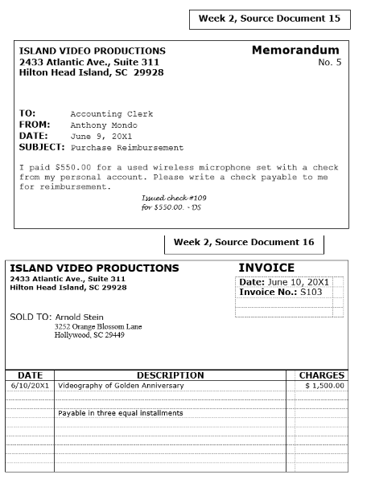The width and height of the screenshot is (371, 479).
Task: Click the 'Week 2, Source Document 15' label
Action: coord(269,18)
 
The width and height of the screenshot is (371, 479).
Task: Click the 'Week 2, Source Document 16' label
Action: coord(244,242)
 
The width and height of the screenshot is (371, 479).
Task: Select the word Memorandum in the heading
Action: coord(295,50)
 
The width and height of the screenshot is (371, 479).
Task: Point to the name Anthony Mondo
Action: coord(104,125)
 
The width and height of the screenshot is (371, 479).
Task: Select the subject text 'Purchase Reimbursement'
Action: coord(127,148)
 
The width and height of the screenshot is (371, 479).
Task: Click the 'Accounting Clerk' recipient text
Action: coord(111,114)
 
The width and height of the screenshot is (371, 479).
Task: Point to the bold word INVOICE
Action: coord(266,268)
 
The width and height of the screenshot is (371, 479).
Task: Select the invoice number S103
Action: coord(309,293)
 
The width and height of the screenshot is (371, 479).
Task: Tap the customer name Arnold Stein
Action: coord(79,317)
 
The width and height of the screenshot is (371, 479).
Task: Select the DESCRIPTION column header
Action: coord(170,375)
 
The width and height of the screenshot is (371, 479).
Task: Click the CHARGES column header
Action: coord(321,375)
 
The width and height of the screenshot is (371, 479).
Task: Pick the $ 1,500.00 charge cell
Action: coord(324,386)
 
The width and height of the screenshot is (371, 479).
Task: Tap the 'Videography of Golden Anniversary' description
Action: coord(121,386)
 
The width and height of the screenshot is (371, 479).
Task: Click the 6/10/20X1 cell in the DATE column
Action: coord(30,386)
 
